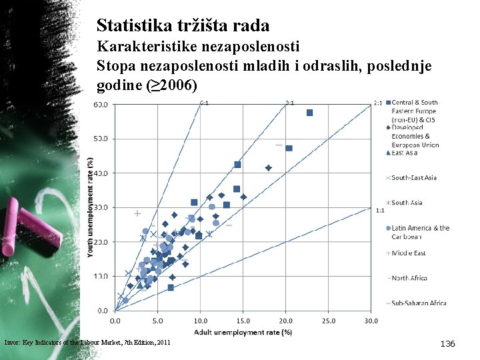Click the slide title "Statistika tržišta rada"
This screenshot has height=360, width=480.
click(x=183, y=26)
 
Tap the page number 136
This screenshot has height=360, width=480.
click(x=448, y=343)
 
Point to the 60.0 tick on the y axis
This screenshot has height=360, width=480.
click(x=101, y=105)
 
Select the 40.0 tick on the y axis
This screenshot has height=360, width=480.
click(x=101, y=173)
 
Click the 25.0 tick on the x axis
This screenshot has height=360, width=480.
click(x=329, y=321)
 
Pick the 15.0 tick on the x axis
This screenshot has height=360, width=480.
click(x=243, y=321)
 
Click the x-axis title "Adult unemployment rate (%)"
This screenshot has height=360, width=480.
click(x=243, y=331)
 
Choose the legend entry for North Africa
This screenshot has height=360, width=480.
click(x=409, y=278)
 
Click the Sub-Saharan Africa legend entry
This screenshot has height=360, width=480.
click(x=418, y=303)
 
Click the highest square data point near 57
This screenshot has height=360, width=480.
click(x=309, y=113)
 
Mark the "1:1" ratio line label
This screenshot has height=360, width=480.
click(x=379, y=211)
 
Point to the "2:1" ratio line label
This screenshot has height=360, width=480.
click(x=377, y=103)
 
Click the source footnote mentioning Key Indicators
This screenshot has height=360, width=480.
click(x=87, y=342)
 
